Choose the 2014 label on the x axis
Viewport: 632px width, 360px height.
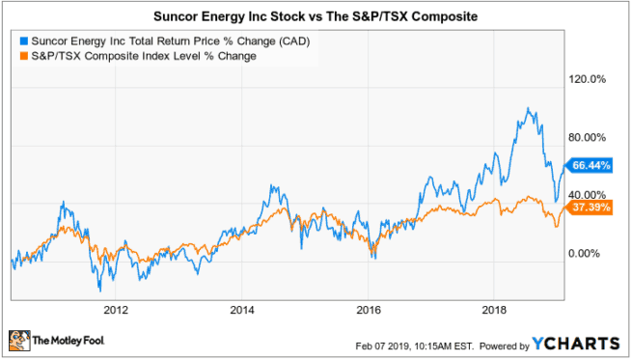[242, 310]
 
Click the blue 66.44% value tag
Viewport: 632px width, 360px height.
[591, 165]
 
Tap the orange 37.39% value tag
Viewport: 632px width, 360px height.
[591, 208]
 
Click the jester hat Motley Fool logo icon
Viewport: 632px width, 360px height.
[18, 341]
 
